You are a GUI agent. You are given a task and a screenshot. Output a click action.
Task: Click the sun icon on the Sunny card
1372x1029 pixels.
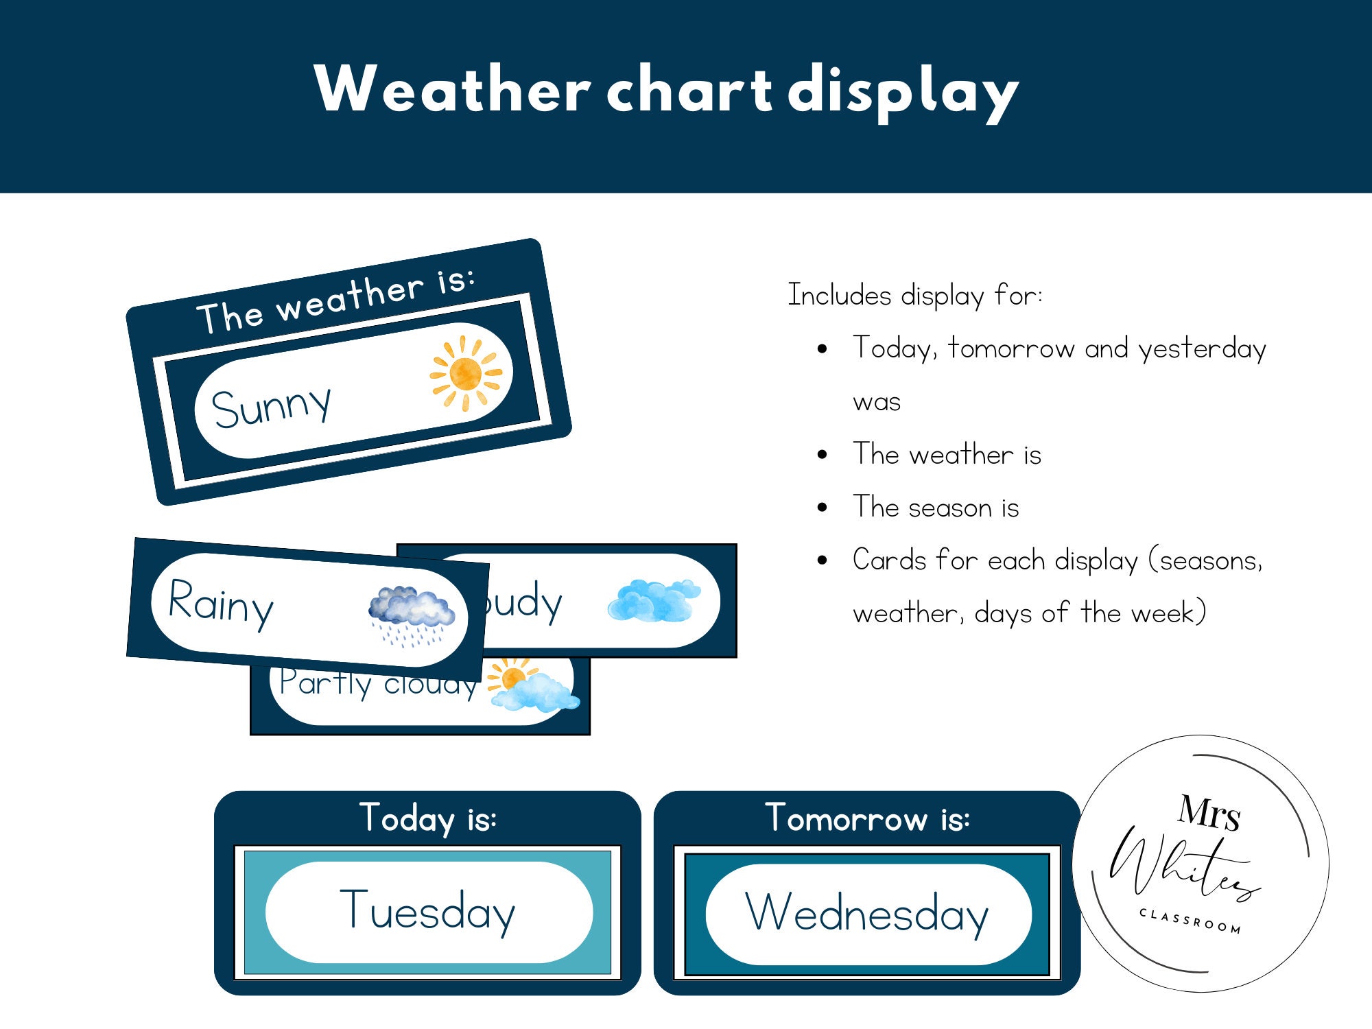coord(466,373)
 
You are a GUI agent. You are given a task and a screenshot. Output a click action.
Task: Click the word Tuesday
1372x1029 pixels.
coord(427,911)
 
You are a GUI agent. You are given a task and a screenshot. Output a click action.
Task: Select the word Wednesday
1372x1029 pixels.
coord(867,913)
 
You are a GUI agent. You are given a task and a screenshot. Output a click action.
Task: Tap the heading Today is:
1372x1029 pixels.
coord(427,818)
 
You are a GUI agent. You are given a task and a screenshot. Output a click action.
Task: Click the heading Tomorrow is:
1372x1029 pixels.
coord(867,818)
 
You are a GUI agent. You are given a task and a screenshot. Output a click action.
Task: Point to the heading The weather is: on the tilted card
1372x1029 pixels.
coord(335,301)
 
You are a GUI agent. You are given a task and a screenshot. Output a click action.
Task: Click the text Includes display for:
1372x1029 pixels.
coord(914,295)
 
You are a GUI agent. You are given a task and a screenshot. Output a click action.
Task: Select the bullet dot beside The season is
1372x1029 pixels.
coord(823,508)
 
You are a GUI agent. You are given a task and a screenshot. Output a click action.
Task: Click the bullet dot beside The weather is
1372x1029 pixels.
coord(823,455)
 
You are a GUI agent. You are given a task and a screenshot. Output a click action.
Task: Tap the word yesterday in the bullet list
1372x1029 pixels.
coord(1202,349)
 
